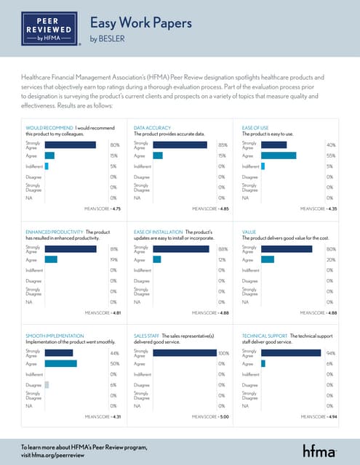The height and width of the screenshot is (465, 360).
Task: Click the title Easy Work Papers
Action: point(140,23)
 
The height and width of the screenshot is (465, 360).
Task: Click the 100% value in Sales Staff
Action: point(223,352)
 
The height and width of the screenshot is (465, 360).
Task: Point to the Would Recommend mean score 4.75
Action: point(103,209)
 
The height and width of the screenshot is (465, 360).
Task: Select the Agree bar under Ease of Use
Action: point(279,155)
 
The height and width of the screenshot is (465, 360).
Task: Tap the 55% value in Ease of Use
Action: point(330,155)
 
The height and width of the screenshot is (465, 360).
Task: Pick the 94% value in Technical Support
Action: point(330,352)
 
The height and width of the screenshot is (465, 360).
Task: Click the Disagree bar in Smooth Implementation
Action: point(47,384)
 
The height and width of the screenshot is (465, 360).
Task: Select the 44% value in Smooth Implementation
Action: point(114,352)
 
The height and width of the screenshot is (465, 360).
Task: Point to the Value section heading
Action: point(249,232)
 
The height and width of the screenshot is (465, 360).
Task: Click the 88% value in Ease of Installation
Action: point(223,249)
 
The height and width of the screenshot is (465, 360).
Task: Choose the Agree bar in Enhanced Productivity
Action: point(51,259)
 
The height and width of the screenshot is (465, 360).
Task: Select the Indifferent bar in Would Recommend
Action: point(47,166)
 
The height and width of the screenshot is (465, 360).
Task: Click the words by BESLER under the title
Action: point(104,41)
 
